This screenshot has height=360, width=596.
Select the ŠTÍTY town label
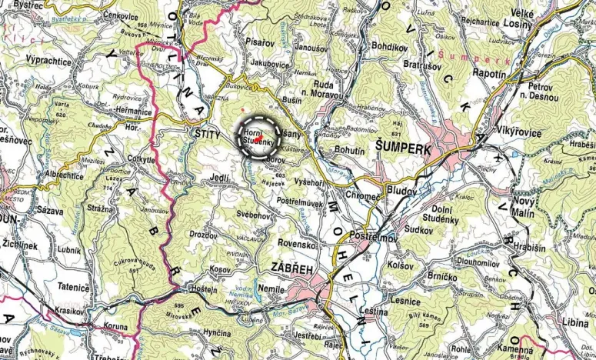pyautogui.click(x=204, y=136)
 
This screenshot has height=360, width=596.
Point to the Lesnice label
pyautogui.click(x=405, y=301)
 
